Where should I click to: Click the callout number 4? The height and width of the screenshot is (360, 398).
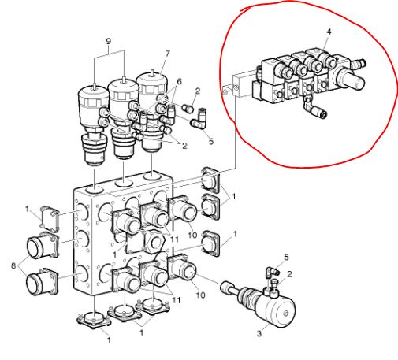coord(329,32)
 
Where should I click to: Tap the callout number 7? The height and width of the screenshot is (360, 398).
coord(167,54)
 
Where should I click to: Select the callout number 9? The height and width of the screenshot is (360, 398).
coord(108,41)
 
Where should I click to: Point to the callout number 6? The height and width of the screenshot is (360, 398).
coord(179,81)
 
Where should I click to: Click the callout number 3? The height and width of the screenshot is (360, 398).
coord(259,333)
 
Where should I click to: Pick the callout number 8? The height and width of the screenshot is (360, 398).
coord(13,265)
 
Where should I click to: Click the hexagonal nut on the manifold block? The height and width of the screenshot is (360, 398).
coord(154,241)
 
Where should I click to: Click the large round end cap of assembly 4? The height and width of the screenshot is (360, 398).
coord(349,78)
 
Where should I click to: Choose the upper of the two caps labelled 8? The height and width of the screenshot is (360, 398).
coord(42,245)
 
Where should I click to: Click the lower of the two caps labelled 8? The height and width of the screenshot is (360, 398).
coord(42,282)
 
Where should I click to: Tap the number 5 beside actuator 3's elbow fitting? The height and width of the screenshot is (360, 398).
coord(286,257)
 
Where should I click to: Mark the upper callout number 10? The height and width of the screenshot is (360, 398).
coord(192,235)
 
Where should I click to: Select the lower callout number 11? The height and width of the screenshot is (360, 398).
coord(176,299)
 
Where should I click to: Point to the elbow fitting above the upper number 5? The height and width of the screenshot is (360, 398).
coord(199,120)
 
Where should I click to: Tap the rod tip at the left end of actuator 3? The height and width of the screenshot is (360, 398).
coord(225,287)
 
